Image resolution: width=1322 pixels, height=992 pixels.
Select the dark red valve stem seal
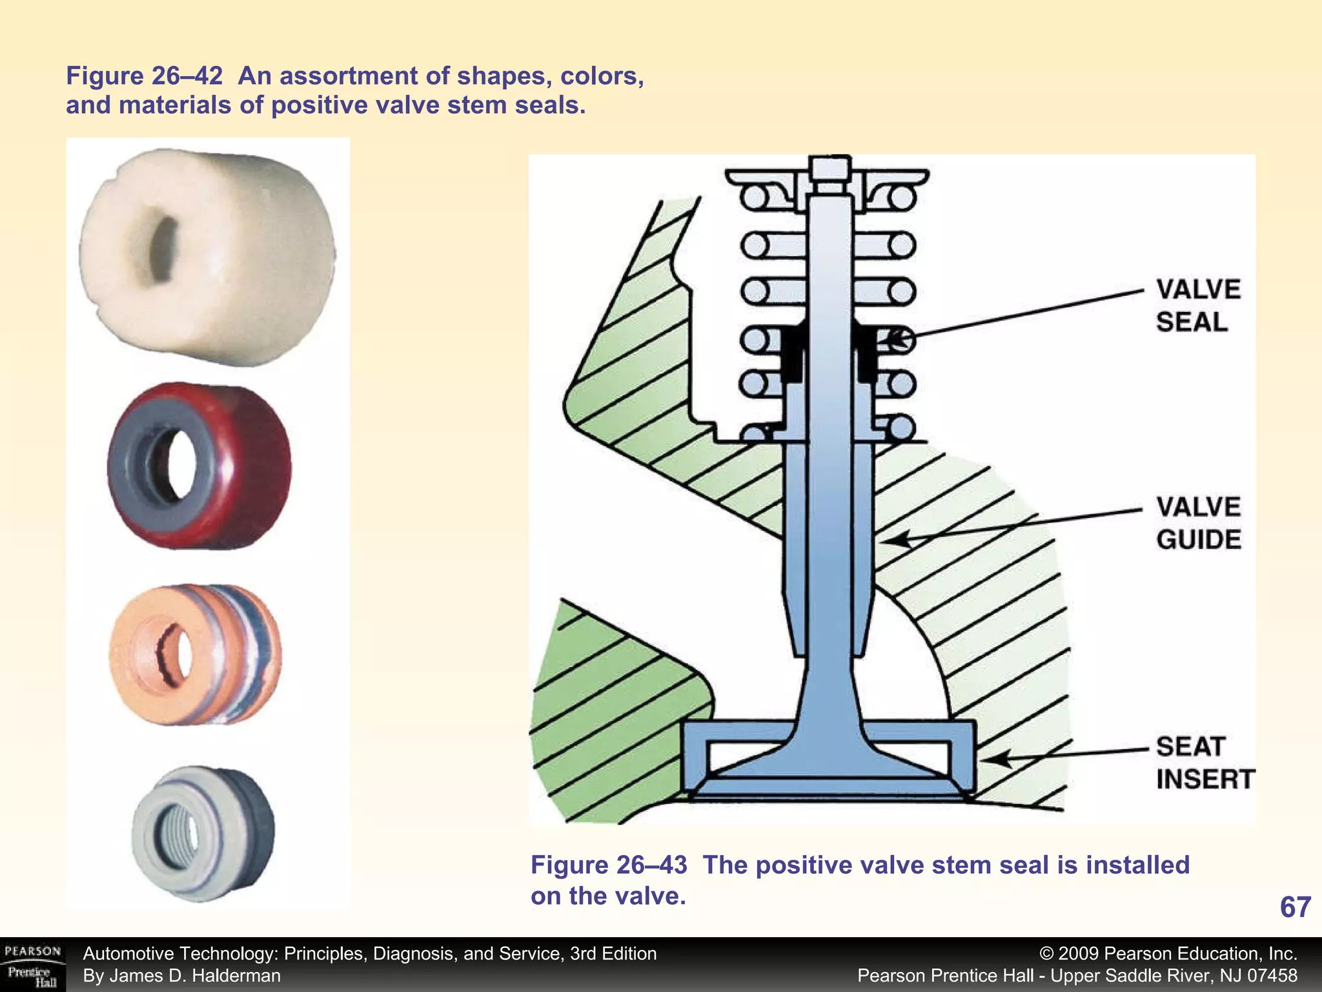point(199,466)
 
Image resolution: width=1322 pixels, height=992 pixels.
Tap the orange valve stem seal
point(195,654)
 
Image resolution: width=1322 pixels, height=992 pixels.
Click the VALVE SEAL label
point(1198,305)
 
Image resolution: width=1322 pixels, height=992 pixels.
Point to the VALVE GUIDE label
point(1198,523)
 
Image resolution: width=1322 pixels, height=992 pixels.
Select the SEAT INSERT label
point(1205,763)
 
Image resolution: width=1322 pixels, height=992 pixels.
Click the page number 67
point(1295,907)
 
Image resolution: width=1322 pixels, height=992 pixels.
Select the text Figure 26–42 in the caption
point(144,76)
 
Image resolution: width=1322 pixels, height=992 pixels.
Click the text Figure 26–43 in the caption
point(609,865)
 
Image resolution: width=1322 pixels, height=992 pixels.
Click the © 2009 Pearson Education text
point(1168,953)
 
